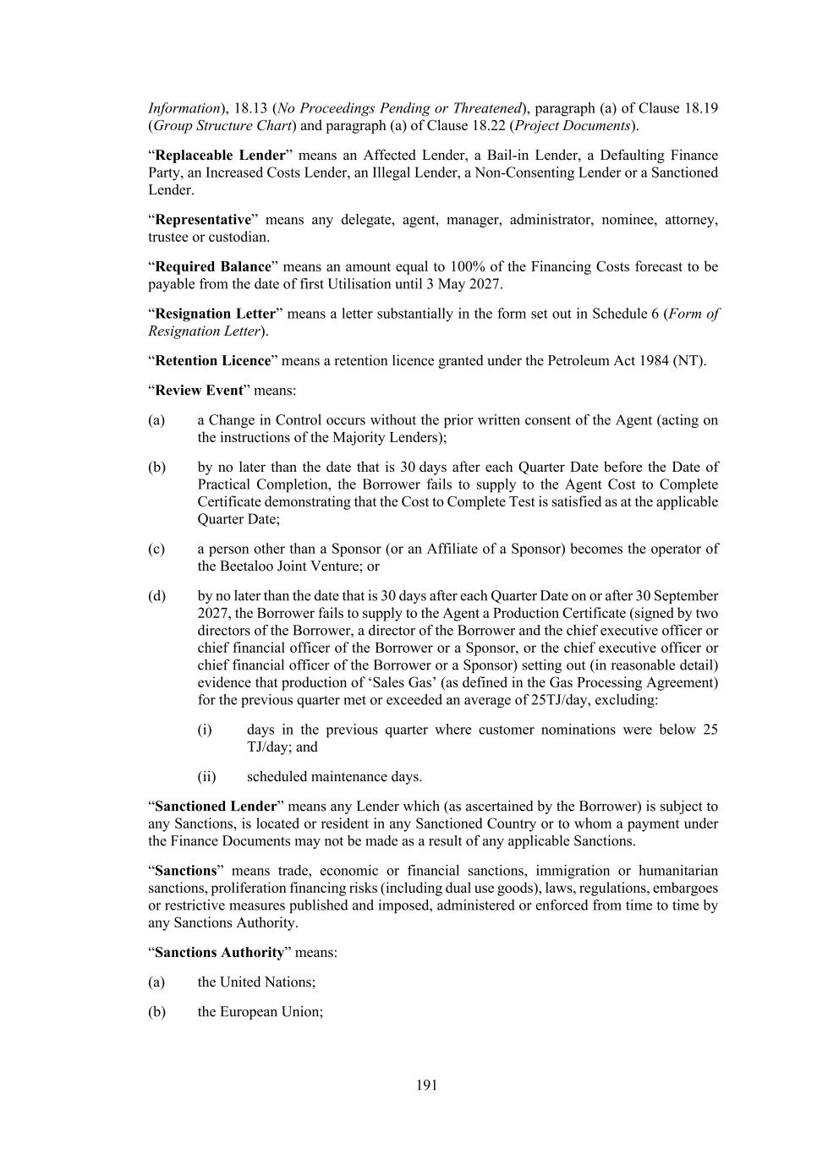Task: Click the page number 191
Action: (426, 1085)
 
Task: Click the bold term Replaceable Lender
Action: (220, 156)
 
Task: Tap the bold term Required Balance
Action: (213, 267)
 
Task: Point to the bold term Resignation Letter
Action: (216, 314)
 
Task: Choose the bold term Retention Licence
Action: (212, 361)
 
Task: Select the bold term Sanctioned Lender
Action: (216, 807)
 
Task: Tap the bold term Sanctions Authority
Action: (219, 952)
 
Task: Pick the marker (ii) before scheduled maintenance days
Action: (206, 777)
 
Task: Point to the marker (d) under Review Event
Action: (156, 596)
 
